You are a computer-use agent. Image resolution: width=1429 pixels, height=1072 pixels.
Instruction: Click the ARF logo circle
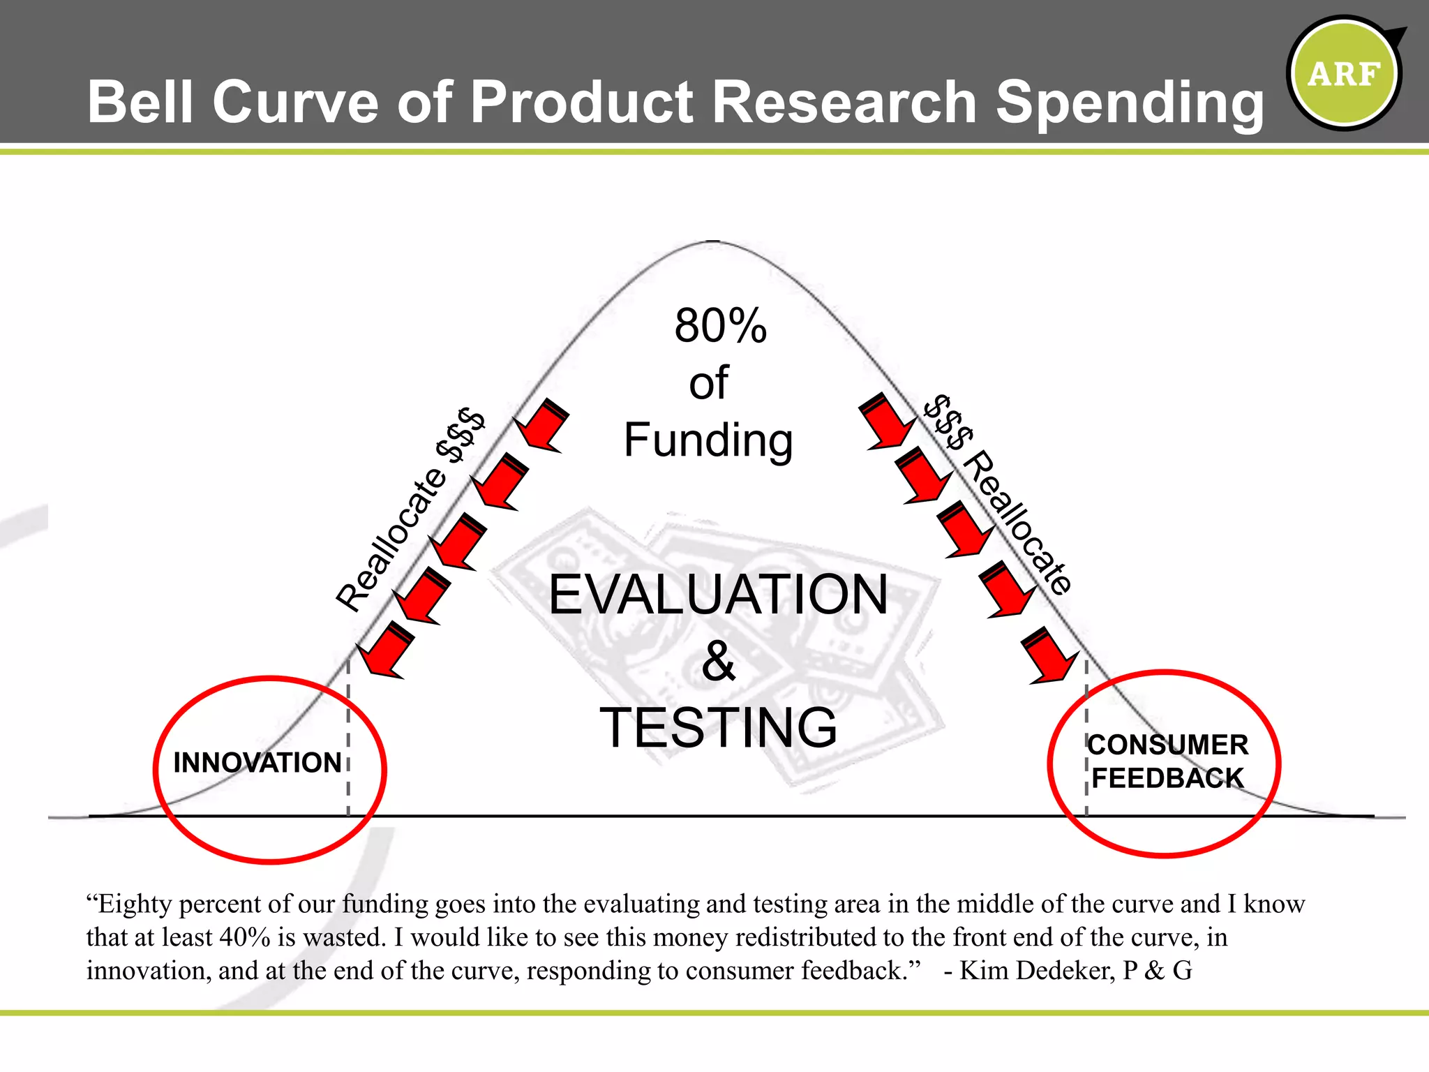(x=1344, y=73)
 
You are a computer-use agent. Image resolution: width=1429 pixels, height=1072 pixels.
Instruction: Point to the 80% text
(x=720, y=325)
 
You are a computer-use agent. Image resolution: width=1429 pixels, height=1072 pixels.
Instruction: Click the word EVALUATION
(x=718, y=594)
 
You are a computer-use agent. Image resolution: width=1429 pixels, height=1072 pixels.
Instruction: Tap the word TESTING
(x=718, y=727)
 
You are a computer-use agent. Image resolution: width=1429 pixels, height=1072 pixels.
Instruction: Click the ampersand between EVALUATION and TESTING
(x=718, y=661)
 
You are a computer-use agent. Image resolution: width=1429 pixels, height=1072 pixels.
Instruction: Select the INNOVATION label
(x=257, y=763)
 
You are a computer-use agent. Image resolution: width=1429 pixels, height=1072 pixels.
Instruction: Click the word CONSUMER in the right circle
(x=1168, y=745)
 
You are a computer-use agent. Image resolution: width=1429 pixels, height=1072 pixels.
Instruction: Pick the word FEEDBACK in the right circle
(x=1167, y=778)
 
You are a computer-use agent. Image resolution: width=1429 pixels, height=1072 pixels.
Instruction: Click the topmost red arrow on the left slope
(x=541, y=425)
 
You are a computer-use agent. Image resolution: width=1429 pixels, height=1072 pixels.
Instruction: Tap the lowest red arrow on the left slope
(x=386, y=649)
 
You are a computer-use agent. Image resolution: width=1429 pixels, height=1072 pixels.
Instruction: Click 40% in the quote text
(x=244, y=937)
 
